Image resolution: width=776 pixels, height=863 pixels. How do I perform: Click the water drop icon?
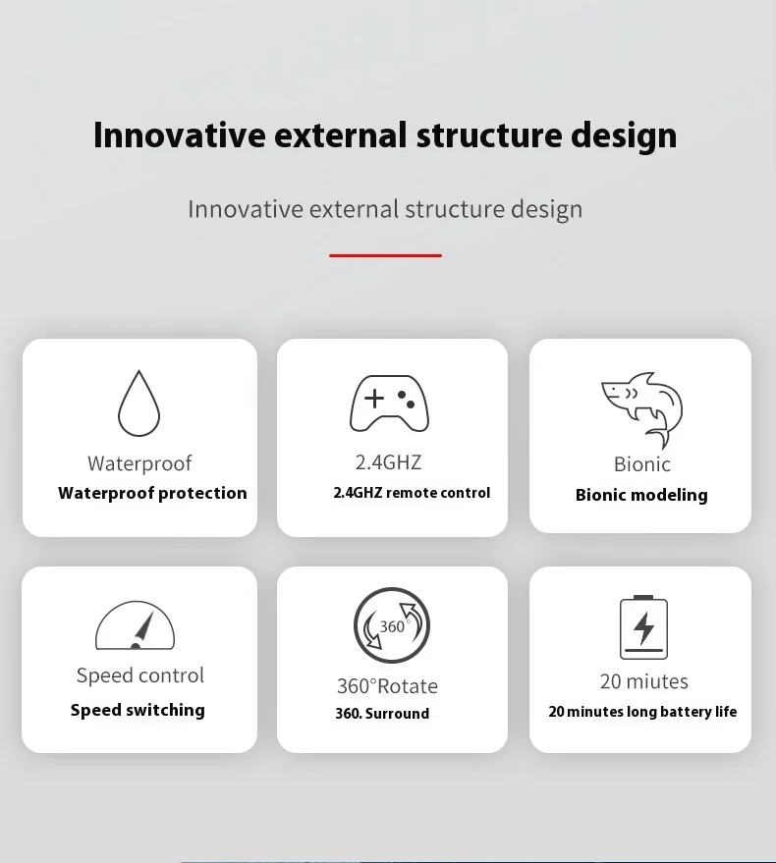[139, 404]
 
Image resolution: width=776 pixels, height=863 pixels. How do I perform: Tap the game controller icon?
[389, 404]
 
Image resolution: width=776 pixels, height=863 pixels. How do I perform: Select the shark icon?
[642, 410]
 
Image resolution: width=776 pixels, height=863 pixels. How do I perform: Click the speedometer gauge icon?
[135, 625]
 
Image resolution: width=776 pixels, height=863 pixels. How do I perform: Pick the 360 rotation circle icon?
[392, 625]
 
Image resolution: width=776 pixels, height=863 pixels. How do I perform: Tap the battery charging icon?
[643, 627]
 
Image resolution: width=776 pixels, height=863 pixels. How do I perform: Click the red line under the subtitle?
[385, 255]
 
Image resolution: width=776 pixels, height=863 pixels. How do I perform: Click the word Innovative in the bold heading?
[180, 135]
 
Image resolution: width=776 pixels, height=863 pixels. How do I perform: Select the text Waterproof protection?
[152, 493]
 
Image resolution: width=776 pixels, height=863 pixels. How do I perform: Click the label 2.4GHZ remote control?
[412, 493]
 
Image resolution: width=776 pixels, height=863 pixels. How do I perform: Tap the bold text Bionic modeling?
[641, 495]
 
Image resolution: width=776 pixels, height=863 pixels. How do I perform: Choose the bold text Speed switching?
[138, 710]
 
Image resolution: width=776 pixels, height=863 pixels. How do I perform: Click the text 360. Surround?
[382, 714]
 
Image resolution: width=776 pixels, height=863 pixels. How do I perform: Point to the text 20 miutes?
[643, 681]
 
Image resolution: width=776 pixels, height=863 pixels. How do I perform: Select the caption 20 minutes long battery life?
[642, 712]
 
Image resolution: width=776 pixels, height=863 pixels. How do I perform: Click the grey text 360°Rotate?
[387, 686]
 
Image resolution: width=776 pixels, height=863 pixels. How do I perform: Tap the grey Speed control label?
[140, 675]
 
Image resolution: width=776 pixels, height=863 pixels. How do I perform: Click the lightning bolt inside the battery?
[643, 627]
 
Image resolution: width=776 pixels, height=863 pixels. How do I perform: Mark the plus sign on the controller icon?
[374, 399]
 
